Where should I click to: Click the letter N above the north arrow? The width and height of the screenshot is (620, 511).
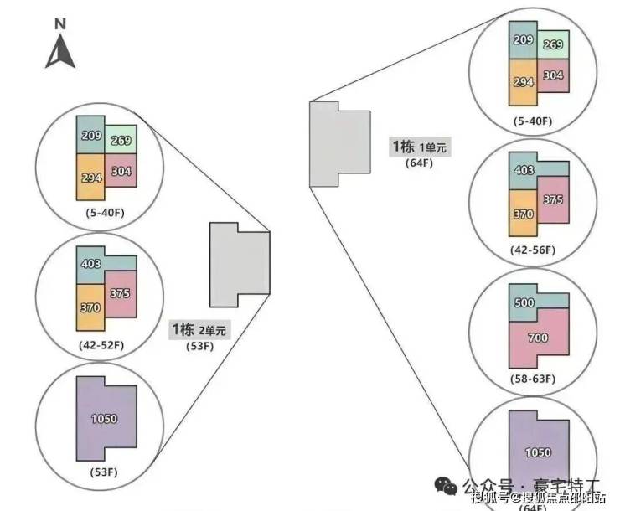coord(60,24)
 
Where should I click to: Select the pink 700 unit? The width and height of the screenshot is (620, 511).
coord(538,338)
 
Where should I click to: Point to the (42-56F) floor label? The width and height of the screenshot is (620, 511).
coord(534,250)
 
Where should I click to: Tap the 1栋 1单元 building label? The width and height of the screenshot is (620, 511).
coord(420,147)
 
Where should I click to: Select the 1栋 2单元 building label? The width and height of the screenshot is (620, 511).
coord(199,329)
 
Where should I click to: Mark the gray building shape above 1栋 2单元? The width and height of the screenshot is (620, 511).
coord(238,264)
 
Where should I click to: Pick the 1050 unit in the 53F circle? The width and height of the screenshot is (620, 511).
coord(104,418)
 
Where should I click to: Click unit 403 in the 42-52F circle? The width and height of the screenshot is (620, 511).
coord(90,264)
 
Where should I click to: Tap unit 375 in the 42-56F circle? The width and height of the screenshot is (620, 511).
coord(552,199)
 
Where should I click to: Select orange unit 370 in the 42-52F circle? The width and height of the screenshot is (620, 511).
coord(90,307)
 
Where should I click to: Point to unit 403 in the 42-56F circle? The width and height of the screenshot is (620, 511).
coord(523,171)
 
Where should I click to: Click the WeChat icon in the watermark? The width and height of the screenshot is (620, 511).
coord(442,484)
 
